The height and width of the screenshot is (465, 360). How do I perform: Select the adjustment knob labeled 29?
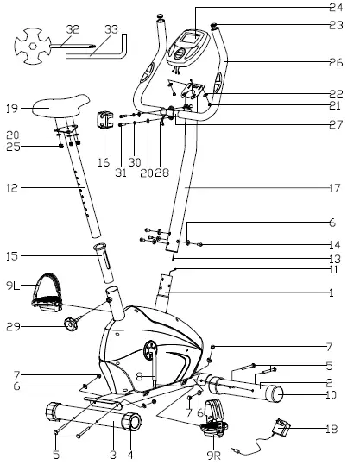70,325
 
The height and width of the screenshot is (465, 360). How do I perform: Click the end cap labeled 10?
277,395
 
